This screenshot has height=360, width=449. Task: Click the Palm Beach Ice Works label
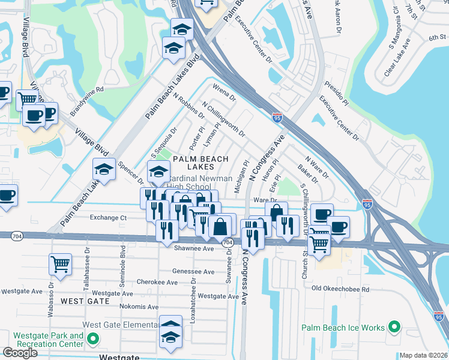(x=345, y=328)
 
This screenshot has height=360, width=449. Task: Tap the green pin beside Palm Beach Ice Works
(x=394, y=328)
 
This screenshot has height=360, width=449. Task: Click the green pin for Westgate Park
(x=92, y=340)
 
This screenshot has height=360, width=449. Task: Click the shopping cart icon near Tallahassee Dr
(x=61, y=265)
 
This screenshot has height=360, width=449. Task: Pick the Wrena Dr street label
(x=224, y=93)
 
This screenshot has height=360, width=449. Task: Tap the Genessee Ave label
(x=193, y=271)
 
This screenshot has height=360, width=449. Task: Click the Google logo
(x=20, y=353)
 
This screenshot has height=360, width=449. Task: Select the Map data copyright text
(x=424, y=355)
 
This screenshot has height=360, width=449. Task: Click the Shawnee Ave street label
(x=194, y=248)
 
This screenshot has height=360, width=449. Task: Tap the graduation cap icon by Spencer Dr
(x=104, y=170)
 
